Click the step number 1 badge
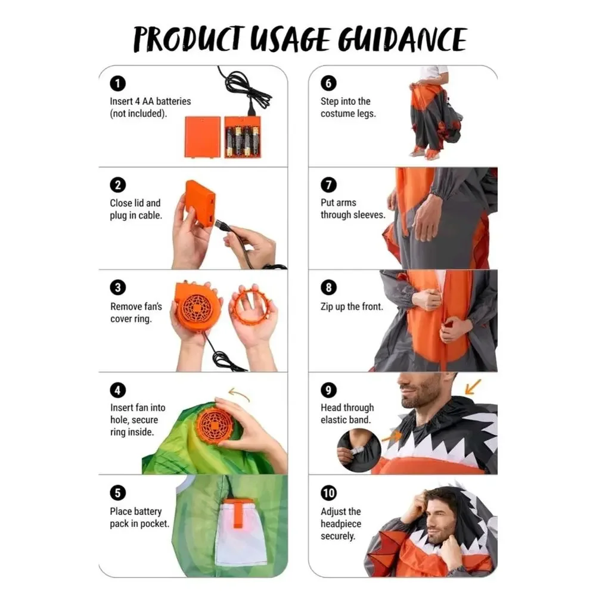point(117,83)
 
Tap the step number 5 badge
point(117,493)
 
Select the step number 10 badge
point(329,493)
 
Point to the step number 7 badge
point(328,185)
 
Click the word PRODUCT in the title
point(187,39)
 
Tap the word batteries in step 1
point(173,101)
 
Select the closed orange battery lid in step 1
point(203,137)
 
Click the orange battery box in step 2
point(200,204)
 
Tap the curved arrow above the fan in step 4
point(239,394)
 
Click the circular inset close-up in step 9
point(358,451)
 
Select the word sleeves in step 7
point(371,215)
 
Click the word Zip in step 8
point(327,306)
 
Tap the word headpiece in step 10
point(340,523)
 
